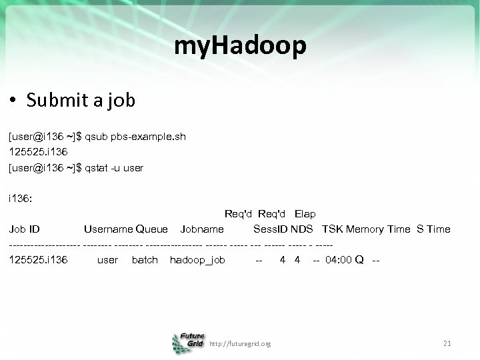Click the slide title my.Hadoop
(240, 45)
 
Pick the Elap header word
(305, 214)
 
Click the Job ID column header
(25, 229)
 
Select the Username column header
(108, 229)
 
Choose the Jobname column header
(202, 229)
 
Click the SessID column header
(270, 229)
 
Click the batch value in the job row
(145, 260)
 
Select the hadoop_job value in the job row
(197, 260)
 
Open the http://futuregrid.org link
(240, 344)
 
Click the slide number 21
(447, 343)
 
